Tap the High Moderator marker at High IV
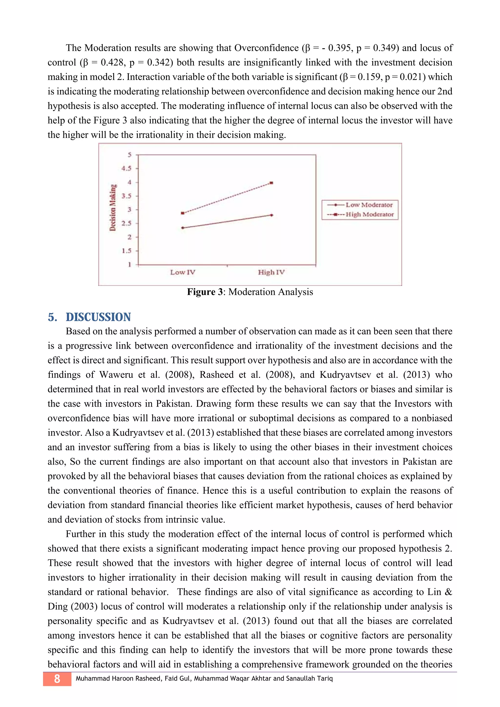(x=271, y=183)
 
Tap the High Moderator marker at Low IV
(x=183, y=213)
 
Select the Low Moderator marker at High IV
(x=271, y=215)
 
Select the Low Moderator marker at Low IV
(x=183, y=228)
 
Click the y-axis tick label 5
(x=129, y=154)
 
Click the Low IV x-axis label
(x=183, y=272)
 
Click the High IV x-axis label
(x=271, y=272)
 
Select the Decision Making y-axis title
(x=113, y=207)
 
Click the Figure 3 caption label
(x=205, y=292)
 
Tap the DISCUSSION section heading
(x=98, y=317)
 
